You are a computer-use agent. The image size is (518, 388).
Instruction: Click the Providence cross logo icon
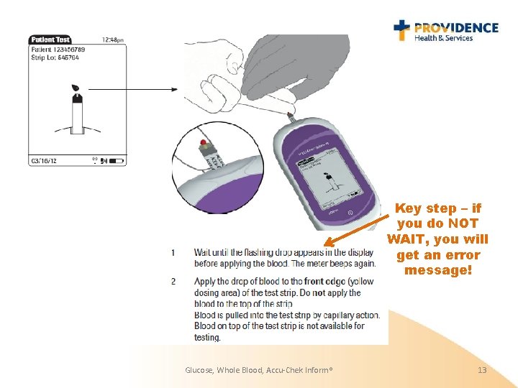tap(402, 29)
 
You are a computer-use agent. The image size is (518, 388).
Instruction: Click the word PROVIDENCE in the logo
tap(455, 27)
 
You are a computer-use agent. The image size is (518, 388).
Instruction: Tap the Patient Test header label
tap(50, 40)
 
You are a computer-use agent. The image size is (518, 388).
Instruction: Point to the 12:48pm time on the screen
tap(113, 40)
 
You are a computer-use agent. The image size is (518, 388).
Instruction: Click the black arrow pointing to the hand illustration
tap(137, 89)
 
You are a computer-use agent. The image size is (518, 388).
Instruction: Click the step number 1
tap(173, 253)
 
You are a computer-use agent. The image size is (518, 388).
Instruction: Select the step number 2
tap(173, 281)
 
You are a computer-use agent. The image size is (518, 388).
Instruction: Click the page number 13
tap(482, 370)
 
